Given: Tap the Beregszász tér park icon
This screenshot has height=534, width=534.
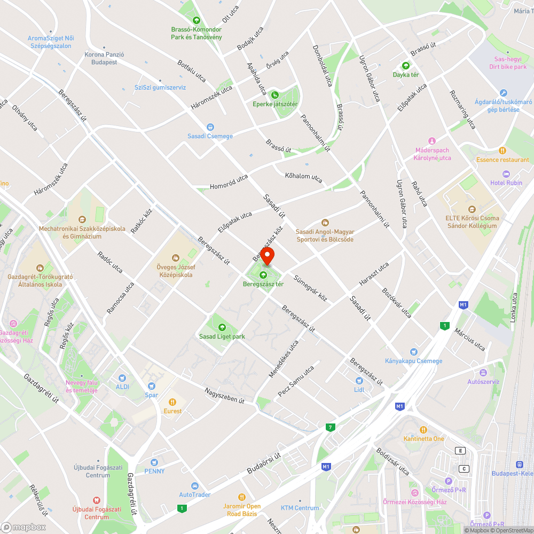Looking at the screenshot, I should tap(263, 275).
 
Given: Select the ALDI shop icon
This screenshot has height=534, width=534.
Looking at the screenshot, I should tap(122, 378).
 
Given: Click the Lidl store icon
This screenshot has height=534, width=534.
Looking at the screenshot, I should tap(359, 381).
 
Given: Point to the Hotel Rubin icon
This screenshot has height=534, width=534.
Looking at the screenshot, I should tap(507, 174).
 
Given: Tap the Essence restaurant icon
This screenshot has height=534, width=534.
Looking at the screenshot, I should tap(502, 151).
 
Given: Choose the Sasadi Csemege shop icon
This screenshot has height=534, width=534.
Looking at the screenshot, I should tap(210, 127).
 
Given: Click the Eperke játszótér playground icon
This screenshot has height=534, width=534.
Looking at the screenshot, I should tap(275, 95).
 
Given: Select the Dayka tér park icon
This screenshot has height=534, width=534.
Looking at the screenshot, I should tap(405, 66).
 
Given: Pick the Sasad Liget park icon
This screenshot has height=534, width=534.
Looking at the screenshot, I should tap(222, 327).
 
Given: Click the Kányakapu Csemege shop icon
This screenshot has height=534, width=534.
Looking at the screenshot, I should tap(414, 352).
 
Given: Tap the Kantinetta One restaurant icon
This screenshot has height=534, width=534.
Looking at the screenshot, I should tap(423, 430).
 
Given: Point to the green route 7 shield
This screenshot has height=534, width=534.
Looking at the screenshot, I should tap(331, 427).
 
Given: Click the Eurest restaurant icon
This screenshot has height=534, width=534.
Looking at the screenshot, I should tap(172, 402).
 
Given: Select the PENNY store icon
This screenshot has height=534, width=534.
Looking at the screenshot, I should tap(154, 462).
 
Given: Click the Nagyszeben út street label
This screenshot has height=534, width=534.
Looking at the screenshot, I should tap(224, 395).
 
